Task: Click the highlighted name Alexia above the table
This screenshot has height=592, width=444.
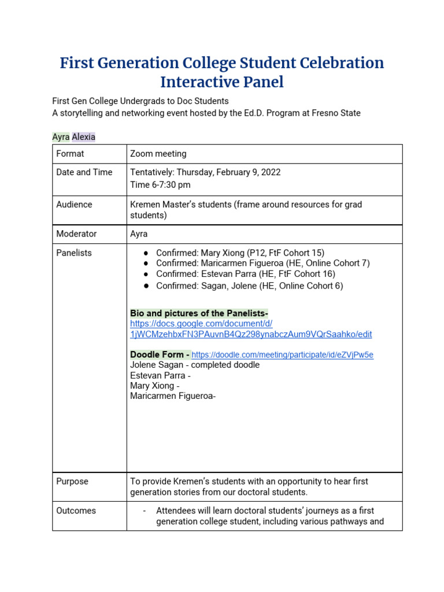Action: click(84, 137)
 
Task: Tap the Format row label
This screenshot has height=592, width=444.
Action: click(70, 154)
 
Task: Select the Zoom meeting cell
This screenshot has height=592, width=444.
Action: click(158, 154)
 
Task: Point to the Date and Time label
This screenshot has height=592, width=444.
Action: click(84, 172)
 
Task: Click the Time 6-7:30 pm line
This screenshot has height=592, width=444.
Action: click(160, 185)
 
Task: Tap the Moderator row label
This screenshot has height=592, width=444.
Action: click(76, 234)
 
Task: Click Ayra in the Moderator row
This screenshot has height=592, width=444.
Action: click(139, 234)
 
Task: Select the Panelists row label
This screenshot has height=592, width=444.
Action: click(74, 253)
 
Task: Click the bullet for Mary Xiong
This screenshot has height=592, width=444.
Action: click(147, 253)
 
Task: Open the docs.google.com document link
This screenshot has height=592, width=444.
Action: click(251, 329)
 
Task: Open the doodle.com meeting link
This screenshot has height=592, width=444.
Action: click(282, 355)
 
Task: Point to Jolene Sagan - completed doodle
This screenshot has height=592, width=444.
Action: click(195, 365)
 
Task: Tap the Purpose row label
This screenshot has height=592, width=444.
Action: click(72, 482)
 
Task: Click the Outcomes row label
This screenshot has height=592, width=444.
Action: click(76, 511)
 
